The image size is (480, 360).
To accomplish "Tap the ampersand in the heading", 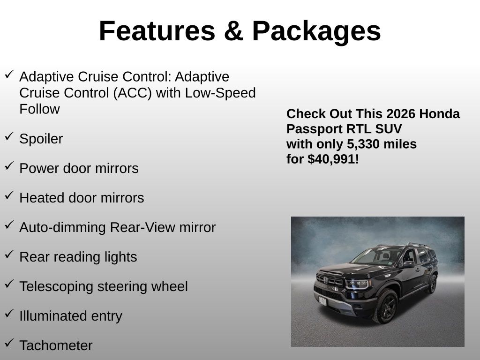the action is click(x=233, y=31).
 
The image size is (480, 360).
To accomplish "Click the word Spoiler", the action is click(x=41, y=139).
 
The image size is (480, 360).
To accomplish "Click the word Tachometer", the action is click(x=56, y=345).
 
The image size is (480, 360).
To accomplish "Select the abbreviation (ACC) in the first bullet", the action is click(x=133, y=93).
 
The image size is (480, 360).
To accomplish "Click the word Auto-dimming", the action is click(x=62, y=228).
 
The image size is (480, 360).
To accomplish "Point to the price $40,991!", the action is click(x=333, y=159).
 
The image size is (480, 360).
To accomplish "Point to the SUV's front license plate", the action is click(x=322, y=301).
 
